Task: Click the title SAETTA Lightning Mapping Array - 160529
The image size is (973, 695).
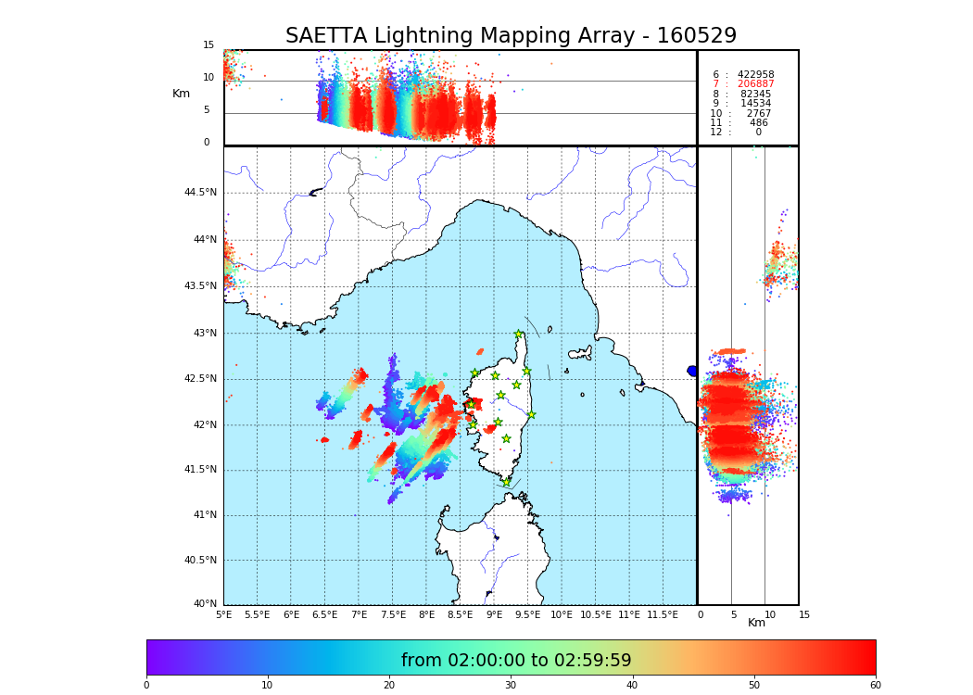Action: point(511,36)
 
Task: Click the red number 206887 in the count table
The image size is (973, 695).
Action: point(755,84)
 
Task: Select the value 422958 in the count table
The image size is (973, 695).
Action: point(755,75)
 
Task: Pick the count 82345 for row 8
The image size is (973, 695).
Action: point(755,95)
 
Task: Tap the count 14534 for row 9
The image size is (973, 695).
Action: point(755,104)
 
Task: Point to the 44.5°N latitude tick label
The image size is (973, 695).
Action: point(200,193)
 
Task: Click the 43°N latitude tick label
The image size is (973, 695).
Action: point(204,334)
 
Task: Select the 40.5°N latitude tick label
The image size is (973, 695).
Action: point(200,561)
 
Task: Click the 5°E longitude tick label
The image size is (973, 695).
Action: point(224,614)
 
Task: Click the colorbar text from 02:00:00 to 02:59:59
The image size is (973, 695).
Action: point(516,661)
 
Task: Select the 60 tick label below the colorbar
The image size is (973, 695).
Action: point(875,686)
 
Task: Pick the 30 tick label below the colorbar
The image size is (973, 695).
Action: point(511,686)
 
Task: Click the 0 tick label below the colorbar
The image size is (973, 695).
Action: point(146,686)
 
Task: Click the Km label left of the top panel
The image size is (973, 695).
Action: point(181,94)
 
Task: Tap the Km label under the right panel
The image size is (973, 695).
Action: point(756,623)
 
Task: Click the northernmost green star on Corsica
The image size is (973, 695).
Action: point(519,335)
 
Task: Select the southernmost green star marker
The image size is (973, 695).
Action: point(506,483)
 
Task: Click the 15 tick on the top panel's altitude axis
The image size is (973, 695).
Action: point(208,45)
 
